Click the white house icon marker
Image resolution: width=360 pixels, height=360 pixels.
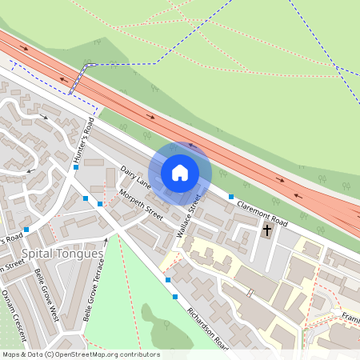pyautogui.click(x=180, y=172)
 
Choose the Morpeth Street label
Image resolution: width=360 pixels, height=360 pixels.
pyautogui.click(x=141, y=206)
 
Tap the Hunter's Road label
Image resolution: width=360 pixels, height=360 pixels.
pyautogui.click(x=84, y=141)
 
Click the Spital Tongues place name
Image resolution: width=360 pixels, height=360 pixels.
pyautogui.click(x=63, y=254)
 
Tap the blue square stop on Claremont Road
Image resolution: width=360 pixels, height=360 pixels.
pyautogui.click(x=231, y=196)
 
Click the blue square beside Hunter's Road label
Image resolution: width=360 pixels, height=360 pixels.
pyautogui.click(x=76, y=167)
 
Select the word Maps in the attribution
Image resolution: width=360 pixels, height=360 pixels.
pyautogui.click(x=11, y=354)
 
